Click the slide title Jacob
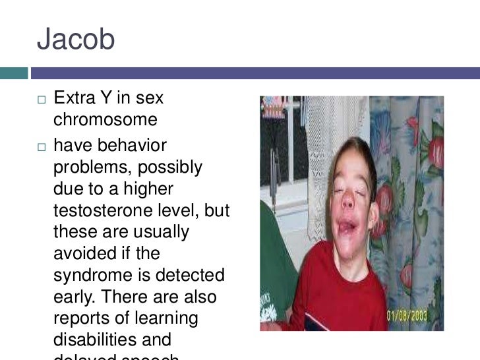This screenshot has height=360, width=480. [76, 40]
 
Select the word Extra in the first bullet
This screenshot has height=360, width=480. [73, 99]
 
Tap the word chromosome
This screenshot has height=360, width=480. [105, 121]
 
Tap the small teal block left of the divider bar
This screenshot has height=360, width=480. [14, 73]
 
